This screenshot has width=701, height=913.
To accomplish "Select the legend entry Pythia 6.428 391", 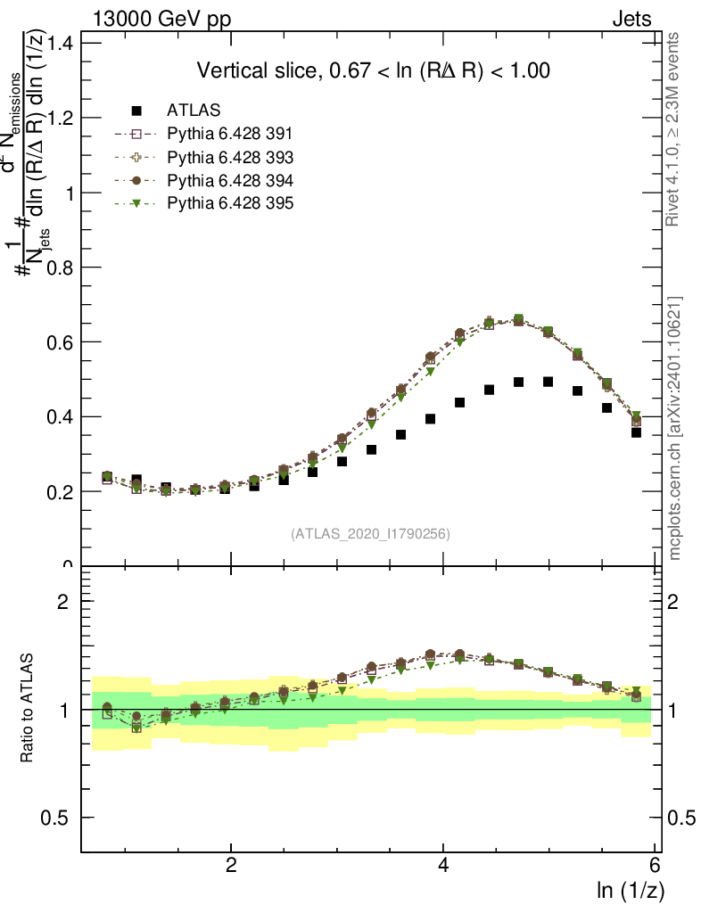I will [230, 134].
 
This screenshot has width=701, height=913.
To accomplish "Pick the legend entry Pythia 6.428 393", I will [230, 157].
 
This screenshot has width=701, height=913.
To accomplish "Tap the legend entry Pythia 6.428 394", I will [230, 180].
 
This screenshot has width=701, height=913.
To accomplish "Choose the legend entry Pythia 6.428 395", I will [230, 203].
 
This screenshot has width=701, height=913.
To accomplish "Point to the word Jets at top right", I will [631, 19].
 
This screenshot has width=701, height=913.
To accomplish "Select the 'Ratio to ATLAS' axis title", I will [29, 710].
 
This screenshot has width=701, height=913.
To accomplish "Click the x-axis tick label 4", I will [443, 866].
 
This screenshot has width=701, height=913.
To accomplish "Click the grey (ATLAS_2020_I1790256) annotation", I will [370, 534].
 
